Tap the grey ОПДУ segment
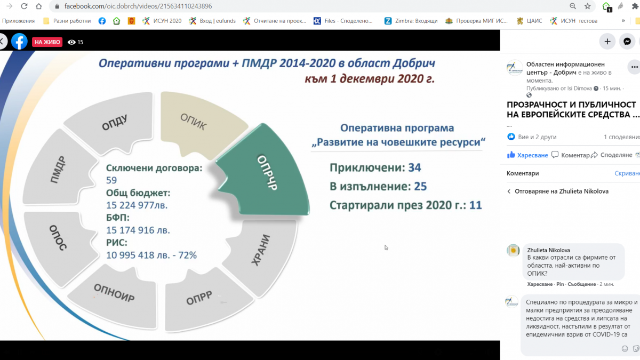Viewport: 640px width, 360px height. (114, 122)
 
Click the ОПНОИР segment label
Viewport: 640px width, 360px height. (114, 293)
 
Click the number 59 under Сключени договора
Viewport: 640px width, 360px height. (111, 180)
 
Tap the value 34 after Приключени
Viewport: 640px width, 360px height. (414, 167)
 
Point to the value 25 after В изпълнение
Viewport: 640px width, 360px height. (420, 186)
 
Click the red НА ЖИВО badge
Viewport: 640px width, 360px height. (47, 42)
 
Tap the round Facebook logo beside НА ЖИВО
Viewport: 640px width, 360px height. (19, 42)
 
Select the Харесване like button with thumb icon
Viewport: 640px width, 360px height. (527, 155)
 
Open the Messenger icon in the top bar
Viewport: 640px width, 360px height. (627, 42)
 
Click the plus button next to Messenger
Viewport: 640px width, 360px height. (607, 42)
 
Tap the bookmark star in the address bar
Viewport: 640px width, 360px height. (587, 6)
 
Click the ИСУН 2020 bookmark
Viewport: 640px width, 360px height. (162, 21)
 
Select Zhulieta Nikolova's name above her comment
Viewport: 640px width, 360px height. (548, 250)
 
